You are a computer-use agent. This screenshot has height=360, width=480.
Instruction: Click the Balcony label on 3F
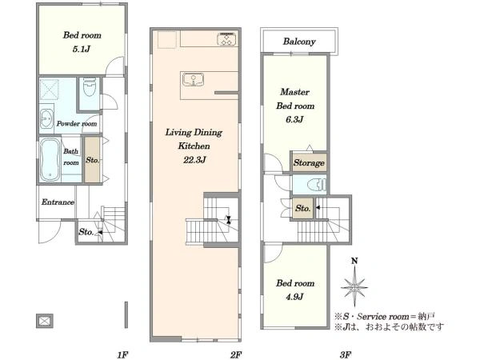click(x=299, y=42)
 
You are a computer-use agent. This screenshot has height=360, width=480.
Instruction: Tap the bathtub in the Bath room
click(x=50, y=159)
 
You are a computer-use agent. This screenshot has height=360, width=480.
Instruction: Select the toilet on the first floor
click(x=90, y=86)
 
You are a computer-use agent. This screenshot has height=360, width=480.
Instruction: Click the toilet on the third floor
click(x=317, y=185)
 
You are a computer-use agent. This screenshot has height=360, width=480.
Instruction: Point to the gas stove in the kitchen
click(x=227, y=39)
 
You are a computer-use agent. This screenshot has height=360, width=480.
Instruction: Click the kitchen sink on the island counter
click(x=193, y=79)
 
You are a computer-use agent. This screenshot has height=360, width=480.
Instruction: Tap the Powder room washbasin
click(x=47, y=118)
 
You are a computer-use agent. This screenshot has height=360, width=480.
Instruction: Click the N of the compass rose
click(x=354, y=261)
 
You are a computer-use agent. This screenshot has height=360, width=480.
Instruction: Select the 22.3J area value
click(x=194, y=160)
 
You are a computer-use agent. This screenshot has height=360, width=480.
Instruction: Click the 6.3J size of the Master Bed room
click(x=294, y=119)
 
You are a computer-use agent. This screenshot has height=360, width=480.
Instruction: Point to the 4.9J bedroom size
click(x=294, y=297)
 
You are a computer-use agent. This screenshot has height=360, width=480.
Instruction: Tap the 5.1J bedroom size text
click(x=82, y=49)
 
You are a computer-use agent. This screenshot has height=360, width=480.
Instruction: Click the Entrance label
click(x=58, y=202)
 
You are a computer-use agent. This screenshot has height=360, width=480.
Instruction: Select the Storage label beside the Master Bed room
click(x=309, y=163)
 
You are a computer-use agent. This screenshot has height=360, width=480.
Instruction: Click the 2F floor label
click(x=236, y=354)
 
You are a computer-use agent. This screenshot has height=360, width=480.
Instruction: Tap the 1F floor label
click(x=122, y=354)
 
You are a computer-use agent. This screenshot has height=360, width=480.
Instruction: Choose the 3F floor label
click(x=346, y=354)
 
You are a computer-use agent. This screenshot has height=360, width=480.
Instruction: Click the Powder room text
click(x=77, y=124)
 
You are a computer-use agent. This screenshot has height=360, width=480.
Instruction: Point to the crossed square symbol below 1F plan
click(x=45, y=321)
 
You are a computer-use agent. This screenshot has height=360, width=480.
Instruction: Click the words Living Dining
click(x=194, y=133)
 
